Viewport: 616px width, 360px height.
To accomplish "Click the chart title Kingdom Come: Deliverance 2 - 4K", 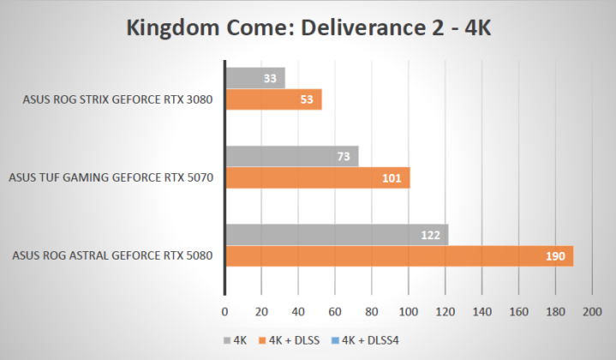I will point(308,27).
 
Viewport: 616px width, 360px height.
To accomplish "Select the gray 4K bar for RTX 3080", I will point(254,78).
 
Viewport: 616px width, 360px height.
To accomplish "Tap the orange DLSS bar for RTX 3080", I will point(272,99).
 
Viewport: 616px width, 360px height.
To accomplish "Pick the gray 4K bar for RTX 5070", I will point(291,156).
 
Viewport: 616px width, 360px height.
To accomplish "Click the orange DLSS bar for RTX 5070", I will point(317,177).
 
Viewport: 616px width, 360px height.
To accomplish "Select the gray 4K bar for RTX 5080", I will point(336,235).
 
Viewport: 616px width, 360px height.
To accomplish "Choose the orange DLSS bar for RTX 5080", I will point(398,256).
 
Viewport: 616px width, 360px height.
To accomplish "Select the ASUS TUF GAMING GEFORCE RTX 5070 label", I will point(111,177).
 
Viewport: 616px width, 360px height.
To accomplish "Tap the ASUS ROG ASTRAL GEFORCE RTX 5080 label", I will point(111,255).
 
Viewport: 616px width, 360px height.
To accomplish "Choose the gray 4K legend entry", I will point(234,340).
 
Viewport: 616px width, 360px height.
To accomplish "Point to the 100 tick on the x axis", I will point(409,313).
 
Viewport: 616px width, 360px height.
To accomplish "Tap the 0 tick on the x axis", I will point(224,313).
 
